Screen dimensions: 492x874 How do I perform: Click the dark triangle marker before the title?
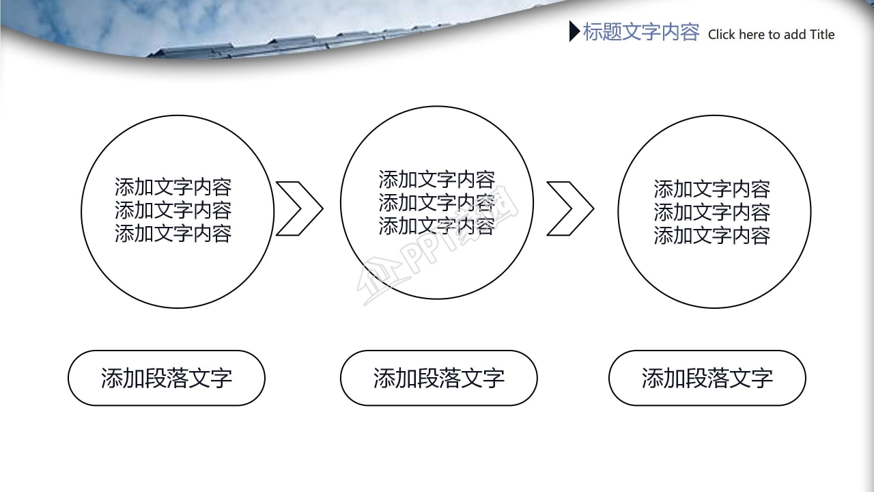[574, 31]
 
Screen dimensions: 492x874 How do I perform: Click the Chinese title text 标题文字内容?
[640, 32]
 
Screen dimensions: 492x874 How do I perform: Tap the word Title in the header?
[821, 35]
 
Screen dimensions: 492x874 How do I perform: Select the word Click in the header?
[721, 35]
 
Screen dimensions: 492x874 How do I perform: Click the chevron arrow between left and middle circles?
[298, 208]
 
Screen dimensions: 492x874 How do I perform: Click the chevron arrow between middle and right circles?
[570, 208]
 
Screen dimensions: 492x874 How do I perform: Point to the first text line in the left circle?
[173, 187]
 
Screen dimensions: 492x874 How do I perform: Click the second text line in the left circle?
[173, 210]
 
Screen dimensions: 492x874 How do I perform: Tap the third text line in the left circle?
[173, 233]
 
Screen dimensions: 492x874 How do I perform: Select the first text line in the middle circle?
[436, 180]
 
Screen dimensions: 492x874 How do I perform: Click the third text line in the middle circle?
[436, 225]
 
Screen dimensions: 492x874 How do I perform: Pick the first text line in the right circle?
[711, 189]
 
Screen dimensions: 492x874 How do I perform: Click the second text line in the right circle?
[711, 212]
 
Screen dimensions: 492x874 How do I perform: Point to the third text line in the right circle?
[711, 235]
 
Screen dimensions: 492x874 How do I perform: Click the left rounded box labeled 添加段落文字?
[167, 378]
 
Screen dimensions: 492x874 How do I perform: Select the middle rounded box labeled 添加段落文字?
[438, 378]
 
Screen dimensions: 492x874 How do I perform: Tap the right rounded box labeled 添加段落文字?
[707, 378]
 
